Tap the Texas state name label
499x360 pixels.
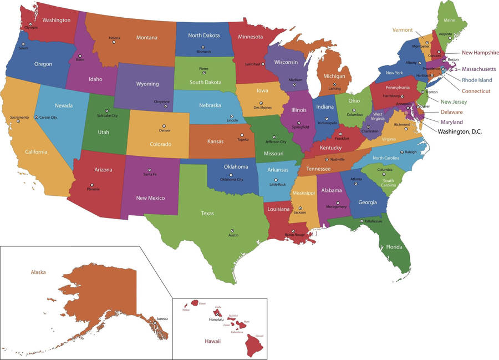tap(207, 213)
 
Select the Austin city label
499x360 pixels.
tap(233, 235)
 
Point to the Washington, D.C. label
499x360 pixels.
tap(460, 131)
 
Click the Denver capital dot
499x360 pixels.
tap(164, 126)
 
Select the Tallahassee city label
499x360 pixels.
tap(373, 221)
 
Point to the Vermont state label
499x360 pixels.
tap(402, 30)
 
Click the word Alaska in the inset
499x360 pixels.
tap(38, 272)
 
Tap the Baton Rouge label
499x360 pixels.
tap(295, 235)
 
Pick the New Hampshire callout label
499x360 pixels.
tap(481, 53)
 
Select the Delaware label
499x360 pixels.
tap(452, 112)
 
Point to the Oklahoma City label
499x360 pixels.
tap(232, 179)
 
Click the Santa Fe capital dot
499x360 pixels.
tap(149, 170)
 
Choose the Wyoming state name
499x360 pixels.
tap(147, 84)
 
